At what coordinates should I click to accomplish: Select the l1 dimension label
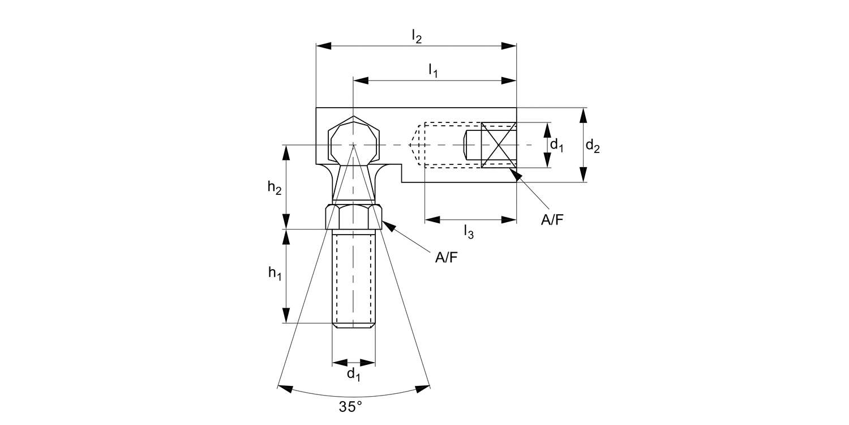pyautogui.click(x=433, y=71)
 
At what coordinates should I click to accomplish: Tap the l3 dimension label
pyautogui.click(x=468, y=231)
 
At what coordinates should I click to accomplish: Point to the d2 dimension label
pyautogui.click(x=593, y=146)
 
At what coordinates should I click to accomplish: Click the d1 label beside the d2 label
pyautogui.click(x=558, y=146)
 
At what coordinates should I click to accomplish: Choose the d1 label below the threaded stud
pyautogui.click(x=353, y=374)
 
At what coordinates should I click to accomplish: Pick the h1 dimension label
pyautogui.click(x=275, y=273)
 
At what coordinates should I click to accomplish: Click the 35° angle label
pyautogui.click(x=350, y=406)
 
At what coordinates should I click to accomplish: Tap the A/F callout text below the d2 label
pyautogui.click(x=552, y=220)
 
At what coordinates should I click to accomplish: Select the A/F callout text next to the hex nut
pyautogui.click(x=446, y=258)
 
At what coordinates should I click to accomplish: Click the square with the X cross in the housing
pyautogui.click(x=499, y=145)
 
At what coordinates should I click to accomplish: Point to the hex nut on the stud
pyautogui.click(x=354, y=217)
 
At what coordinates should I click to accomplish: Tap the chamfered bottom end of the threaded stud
pyautogui.click(x=354, y=325)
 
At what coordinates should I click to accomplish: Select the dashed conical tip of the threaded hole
pyautogui.click(x=417, y=145)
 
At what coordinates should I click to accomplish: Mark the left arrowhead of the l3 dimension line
pyautogui.click(x=431, y=219)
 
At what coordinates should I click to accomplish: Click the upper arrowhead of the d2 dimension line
pyautogui.click(x=584, y=114)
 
